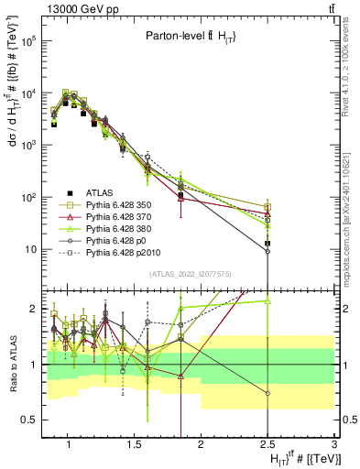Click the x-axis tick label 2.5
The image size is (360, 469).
pyautogui.click(x=267, y=444)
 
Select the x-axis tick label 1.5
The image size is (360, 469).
pyautogui.click(x=133, y=444)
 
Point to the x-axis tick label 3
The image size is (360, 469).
pyautogui.click(x=334, y=444)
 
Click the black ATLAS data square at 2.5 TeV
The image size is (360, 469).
pyautogui.click(x=267, y=244)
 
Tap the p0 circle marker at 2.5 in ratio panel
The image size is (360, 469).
pyautogui.click(x=267, y=394)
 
